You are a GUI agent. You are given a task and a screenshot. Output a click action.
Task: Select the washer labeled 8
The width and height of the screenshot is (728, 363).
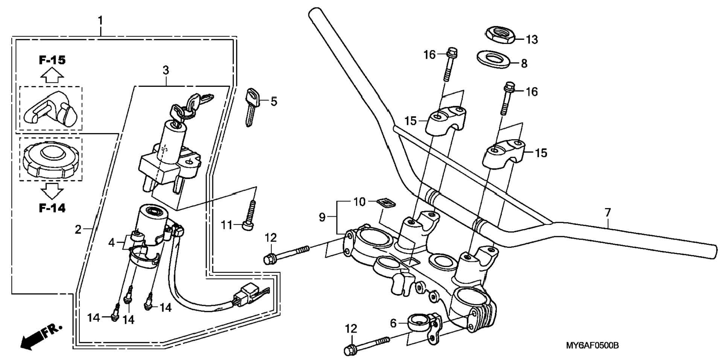pos(493,59)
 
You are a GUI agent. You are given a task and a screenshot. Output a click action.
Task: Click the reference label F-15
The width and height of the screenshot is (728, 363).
pos(52,60)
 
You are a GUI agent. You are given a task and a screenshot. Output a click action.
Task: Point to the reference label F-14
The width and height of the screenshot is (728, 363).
pos(52,208)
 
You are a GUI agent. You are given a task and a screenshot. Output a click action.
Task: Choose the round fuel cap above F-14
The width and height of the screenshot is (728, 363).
pos(50,159)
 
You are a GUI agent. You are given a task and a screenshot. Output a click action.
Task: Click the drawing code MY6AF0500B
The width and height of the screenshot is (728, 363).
pos(592,345)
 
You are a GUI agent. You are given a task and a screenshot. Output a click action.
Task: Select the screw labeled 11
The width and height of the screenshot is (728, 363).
pos(250,215)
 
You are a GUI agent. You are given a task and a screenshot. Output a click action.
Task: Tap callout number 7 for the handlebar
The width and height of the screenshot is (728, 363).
pos(608,213)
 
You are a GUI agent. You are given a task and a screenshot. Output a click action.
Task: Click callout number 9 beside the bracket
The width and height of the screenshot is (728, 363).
pos(322,217)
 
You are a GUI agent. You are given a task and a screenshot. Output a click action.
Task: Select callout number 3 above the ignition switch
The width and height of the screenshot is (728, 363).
pos(166,70)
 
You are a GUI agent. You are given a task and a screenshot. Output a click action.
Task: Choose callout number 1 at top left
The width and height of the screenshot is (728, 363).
pos(100,20)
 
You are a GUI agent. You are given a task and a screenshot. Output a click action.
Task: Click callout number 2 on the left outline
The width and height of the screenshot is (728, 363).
pos(78,229)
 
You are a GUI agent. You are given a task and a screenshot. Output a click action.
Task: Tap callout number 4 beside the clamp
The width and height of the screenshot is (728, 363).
pos(111,243)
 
